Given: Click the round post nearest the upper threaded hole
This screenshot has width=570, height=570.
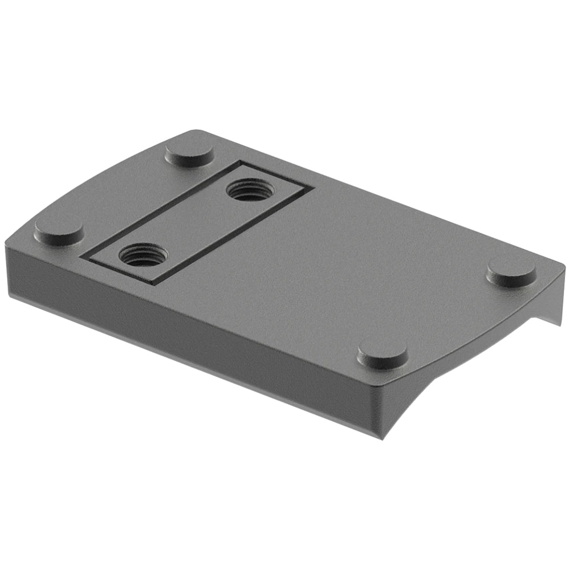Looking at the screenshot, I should coord(189,153).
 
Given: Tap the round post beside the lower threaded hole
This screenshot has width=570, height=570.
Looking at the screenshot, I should coord(59,230).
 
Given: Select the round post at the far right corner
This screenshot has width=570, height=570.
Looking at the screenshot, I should coord(511,272).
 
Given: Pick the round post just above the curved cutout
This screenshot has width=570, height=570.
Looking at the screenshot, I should coord(382,355).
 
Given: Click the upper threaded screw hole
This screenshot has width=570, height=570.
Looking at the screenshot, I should coord(250,190).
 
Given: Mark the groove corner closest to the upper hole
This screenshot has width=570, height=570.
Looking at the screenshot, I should coord(239,164).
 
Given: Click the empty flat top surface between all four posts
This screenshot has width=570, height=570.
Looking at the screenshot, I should coord(342,256).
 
